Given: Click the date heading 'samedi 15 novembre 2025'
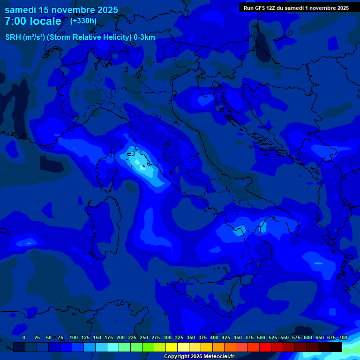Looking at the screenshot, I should point(61,10).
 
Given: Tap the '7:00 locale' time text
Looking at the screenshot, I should point(33,21).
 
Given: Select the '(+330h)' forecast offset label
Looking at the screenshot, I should point(83,21).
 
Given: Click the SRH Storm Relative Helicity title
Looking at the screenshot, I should point(80,37).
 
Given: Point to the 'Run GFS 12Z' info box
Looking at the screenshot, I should point(296,8).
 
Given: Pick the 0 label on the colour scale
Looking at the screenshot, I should point(24,337).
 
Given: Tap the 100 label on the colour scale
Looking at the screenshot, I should point(74,337).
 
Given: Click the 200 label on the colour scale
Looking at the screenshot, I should point(120,337).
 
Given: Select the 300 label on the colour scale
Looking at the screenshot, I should point(167,337).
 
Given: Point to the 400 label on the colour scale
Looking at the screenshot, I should point(214,337).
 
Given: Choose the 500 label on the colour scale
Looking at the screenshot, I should point(261,337).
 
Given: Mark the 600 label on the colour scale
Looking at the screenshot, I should point(308,337).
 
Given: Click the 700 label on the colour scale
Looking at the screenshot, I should point(343,337).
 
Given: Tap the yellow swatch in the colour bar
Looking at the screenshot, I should point(172,347).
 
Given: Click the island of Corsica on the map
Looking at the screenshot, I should point(107,170).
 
